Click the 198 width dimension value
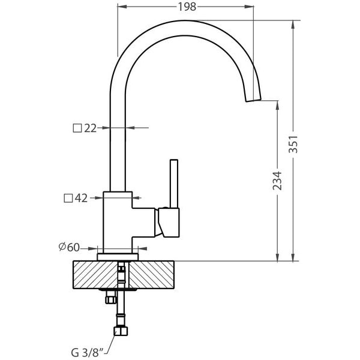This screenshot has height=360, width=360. [187, 7]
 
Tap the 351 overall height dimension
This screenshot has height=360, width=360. [293, 144]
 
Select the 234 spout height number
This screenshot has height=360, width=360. [277, 181]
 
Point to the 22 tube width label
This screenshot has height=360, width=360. [90, 128]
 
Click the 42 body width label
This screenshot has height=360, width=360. [81, 198]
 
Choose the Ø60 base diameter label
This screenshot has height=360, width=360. [69, 247]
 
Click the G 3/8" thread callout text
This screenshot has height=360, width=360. [88, 353]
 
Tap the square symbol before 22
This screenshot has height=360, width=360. [77, 128]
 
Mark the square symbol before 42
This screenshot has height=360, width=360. [68, 198]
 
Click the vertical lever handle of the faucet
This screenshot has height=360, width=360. [174, 184]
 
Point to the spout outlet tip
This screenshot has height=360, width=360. [254, 100]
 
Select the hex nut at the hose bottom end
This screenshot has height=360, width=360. [121, 331]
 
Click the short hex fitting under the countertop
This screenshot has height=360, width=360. [110, 298]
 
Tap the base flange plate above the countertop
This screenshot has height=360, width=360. [118, 257]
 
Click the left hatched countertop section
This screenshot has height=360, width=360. [95, 275]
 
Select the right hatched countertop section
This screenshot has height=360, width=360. [151, 275]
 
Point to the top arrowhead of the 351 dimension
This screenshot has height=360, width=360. [293, 25]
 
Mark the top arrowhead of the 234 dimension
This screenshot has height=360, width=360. [278, 105]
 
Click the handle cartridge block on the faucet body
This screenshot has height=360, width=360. [170, 223]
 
